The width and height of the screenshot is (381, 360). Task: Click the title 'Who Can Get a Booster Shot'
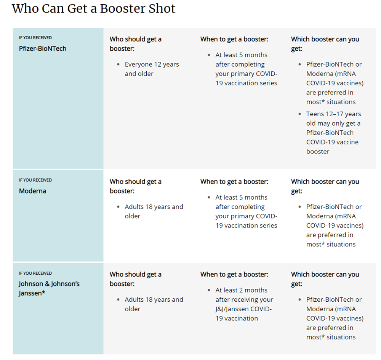pyautogui.click(x=94, y=9)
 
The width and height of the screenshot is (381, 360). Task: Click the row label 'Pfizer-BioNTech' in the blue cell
pyautogui.click(x=43, y=49)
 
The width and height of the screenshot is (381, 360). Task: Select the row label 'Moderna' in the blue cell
pyautogui.click(x=32, y=191)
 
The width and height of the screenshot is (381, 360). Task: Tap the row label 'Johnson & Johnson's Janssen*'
pyautogui.click(x=49, y=288)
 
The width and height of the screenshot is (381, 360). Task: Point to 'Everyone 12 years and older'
pyautogui.click(x=152, y=69)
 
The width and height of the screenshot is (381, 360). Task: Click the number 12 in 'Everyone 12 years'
pyautogui.click(x=157, y=64)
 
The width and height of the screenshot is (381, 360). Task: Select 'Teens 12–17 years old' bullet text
pyautogui.click(x=334, y=118)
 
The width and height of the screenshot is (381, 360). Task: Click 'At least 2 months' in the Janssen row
pyautogui.click(x=241, y=290)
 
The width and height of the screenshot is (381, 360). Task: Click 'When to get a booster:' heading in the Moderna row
pyautogui.click(x=234, y=182)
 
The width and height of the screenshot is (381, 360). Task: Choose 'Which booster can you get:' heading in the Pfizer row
pyautogui.click(x=325, y=44)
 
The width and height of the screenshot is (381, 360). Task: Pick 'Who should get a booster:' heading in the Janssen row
pyautogui.click(x=136, y=279)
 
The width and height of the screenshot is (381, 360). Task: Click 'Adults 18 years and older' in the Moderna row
pyautogui.click(x=154, y=211)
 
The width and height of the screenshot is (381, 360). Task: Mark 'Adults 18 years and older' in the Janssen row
pyautogui.click(x=154, y=304)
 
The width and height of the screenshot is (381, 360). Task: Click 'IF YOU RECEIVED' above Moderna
pyautogui.click(x=35, y=180)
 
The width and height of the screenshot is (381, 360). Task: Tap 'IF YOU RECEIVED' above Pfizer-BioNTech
pyautogui.click(x=35, y=38)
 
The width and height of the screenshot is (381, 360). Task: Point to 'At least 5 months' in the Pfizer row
pyautogui.click(x=241, y=55)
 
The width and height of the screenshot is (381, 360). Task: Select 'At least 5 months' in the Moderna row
pyautogui.click(x=241, y=197)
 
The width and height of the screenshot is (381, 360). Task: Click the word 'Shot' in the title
pyautogui.click(x=162, y=9)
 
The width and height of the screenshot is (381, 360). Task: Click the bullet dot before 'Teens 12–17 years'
pyautogui.click(x=299, y=114)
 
